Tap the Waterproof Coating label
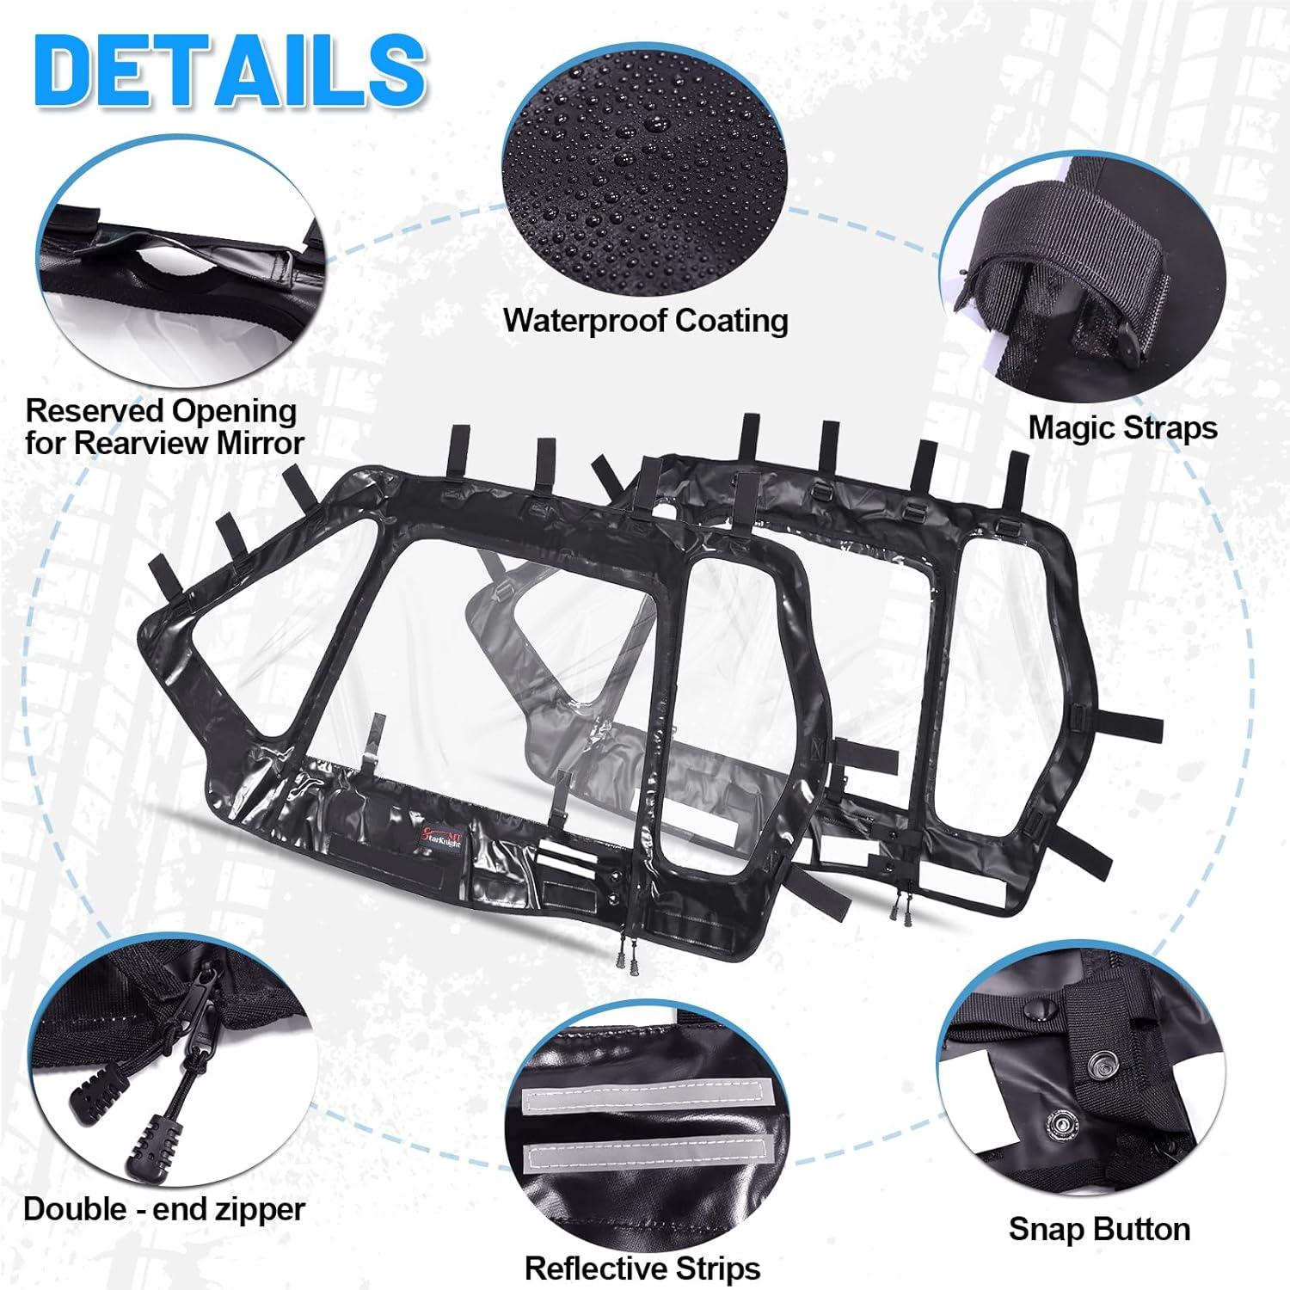pos(646,321)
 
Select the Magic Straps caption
pos(1123,428)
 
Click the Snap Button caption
pos(1099,1229)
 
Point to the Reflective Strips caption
pos(642,1268)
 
